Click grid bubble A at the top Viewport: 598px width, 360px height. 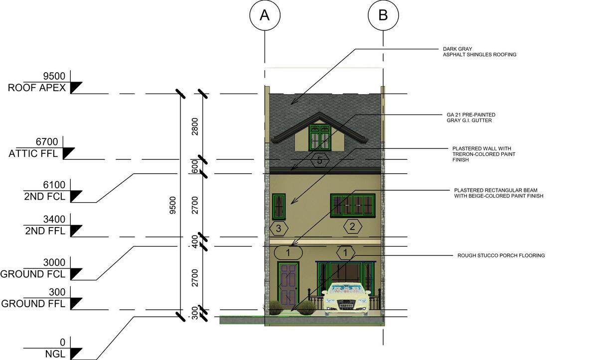[x=264, y=15]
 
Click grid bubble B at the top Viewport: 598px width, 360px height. [x=383, y=15]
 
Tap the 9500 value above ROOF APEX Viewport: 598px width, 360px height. [x=54, y=76]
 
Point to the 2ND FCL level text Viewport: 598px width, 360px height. [x=44, y=196]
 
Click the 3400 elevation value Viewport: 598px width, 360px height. [x=54, y=219]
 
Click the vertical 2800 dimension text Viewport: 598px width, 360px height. [x=195, y=126]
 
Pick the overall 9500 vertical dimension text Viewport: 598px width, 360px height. [x=173, y=205]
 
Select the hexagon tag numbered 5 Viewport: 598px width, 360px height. [x=319, y=160]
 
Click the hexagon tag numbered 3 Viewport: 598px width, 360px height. [x=279, y=229]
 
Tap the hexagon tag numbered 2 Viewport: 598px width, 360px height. [x=352, y=227]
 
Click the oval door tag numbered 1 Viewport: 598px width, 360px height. [x=288, y=252]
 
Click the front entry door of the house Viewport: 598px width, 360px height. [x=289, y=284]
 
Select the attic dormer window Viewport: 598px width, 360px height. [x=319, y=137]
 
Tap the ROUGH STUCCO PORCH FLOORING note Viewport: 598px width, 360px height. [x=501, y=255]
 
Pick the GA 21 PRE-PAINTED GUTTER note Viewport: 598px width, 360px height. [x=471, y=118]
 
